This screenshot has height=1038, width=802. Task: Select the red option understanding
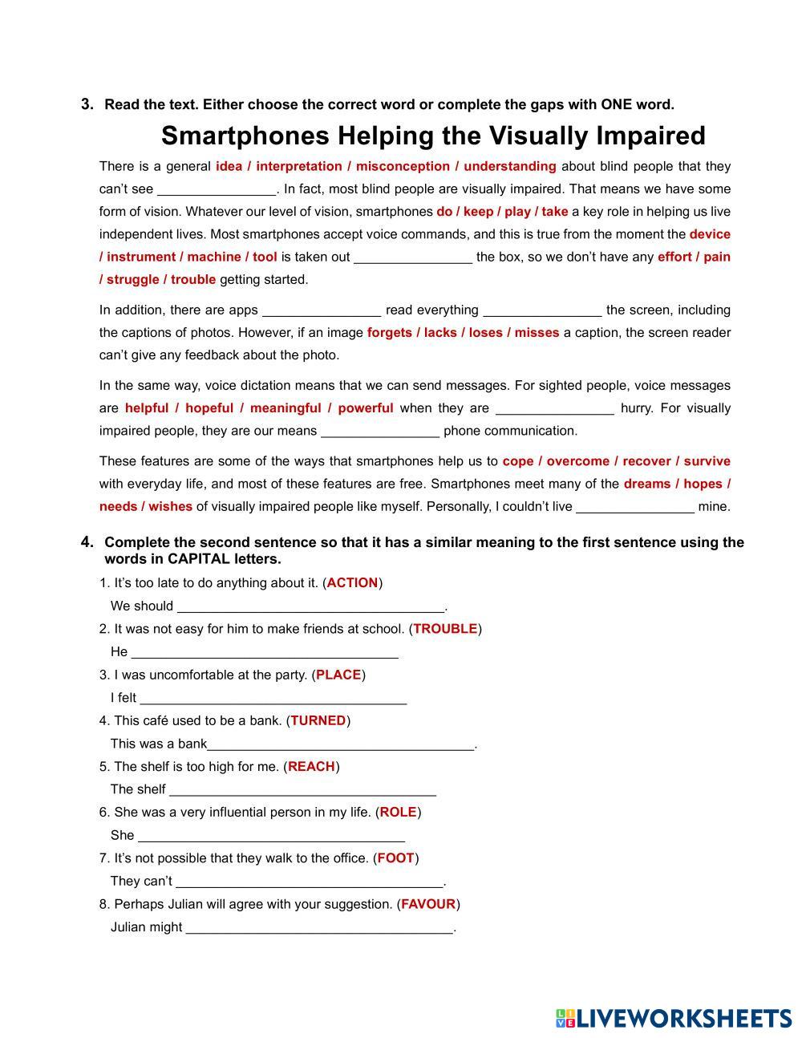(x=509, y=166)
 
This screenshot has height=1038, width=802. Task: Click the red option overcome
(x=577, y=461)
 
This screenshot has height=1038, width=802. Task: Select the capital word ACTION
(x=352, y=583)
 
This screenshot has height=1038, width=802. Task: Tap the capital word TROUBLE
(x=445, y=629)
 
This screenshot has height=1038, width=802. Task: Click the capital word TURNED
(x=318, y=720)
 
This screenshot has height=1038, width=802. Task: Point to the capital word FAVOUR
(x=428, y=904)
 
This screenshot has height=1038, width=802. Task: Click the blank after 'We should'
(x=310, y=606)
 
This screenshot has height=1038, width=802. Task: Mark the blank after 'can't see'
(x=217, y=190)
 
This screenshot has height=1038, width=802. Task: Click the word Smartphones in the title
(x=245, y=136)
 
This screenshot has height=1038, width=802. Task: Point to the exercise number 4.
(x=87, y=542)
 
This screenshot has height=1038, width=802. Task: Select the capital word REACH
(x=311, y=766)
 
